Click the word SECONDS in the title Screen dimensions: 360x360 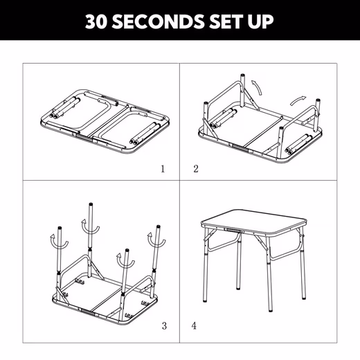click(159, 21)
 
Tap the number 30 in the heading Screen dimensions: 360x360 click(96, 21)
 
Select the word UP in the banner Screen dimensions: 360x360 click(261, 21)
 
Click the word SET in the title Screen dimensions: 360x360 click(226, 21)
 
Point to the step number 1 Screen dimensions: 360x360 click(163, 169)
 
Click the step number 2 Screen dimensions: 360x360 click(196, 169)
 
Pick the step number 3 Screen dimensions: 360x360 click(164, 326)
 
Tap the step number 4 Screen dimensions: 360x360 click(194, 326)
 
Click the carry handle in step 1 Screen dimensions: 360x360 click(84, 137)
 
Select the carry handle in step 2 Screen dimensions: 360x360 click(240, 148)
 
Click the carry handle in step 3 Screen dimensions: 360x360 click(89, 312)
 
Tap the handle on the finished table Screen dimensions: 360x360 click(233, 231)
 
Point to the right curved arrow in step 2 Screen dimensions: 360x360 click(298, 100)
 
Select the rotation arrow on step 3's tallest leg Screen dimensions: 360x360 click(90, 228)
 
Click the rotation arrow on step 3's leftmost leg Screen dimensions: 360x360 click(59, 243)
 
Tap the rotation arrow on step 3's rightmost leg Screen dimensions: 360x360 click(156, 241)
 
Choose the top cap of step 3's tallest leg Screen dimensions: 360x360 click(91, 204)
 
